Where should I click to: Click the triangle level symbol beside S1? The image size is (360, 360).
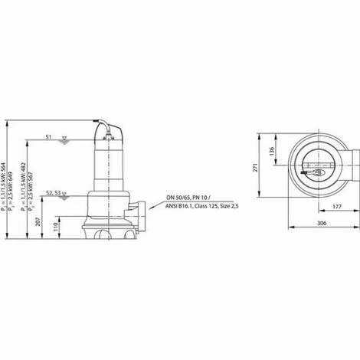click(x=64, y=139)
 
